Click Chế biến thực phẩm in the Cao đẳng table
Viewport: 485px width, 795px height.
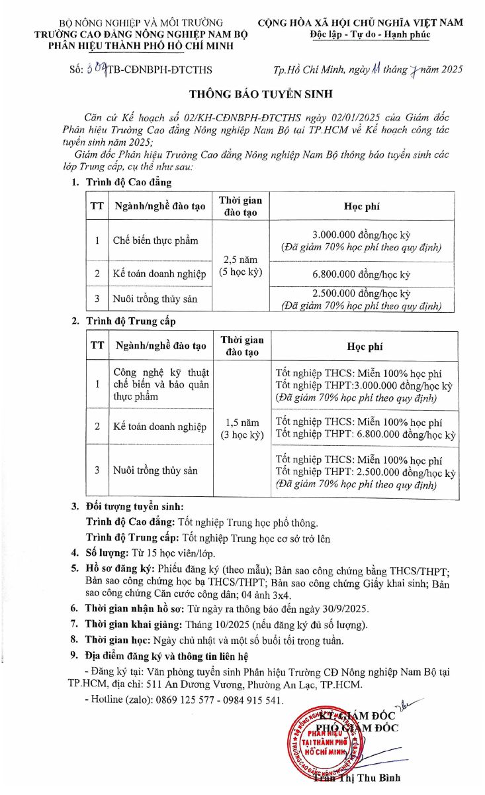click(x=155, y=240)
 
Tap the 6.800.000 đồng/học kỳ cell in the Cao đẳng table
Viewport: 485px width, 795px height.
click(x=361, y=274)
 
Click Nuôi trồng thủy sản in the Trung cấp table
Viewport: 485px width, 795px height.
click(x=155, y=470)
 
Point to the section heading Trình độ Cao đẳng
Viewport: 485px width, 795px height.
click(x=128, y=182)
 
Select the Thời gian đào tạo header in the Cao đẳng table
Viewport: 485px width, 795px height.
click(x=240, y=207)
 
